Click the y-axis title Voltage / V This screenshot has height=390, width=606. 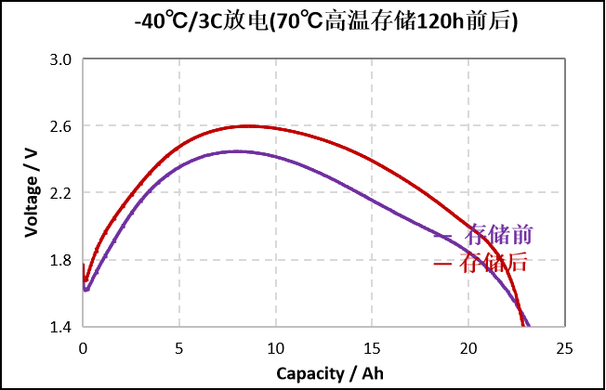(33, 192)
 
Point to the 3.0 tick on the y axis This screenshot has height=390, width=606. (60, 59)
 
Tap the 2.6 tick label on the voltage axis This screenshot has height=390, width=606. (60, 126)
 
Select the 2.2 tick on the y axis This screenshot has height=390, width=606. (60, 193)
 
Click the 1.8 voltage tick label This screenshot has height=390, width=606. (60, 260)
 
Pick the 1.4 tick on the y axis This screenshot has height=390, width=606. (60, 327)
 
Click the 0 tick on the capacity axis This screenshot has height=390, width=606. (84, 348)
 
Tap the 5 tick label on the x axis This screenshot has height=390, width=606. (179, 348)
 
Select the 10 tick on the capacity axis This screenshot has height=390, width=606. (275, 348)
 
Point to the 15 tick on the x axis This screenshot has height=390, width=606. (372, 348)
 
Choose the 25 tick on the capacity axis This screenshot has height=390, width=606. (563, 348)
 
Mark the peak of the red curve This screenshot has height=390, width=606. (248, 125)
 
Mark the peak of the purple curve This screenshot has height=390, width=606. (236, 150)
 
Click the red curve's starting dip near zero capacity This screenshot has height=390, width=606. (86, 279)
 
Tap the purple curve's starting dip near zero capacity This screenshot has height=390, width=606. (86, 291)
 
